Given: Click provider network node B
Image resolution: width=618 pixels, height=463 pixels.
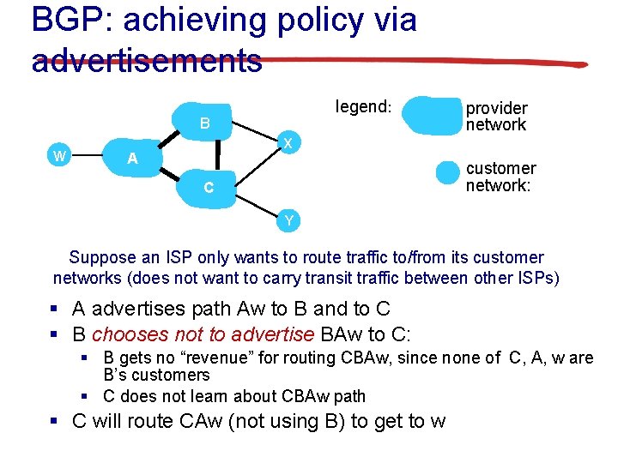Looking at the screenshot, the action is click(204, 123).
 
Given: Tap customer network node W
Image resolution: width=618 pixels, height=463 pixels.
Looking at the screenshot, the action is click(58, 155).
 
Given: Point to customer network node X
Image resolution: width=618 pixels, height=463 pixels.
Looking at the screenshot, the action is click(288, 142).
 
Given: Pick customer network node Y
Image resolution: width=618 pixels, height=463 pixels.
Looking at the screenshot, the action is click(288, 221).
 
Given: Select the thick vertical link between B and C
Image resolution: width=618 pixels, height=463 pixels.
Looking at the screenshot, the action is click(217, 155).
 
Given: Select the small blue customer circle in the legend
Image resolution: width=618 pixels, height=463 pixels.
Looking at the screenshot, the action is click(448, 172).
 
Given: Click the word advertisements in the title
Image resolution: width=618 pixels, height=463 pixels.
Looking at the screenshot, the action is click(147, 60).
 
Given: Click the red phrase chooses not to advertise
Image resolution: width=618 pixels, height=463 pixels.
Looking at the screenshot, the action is click(203, 334).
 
